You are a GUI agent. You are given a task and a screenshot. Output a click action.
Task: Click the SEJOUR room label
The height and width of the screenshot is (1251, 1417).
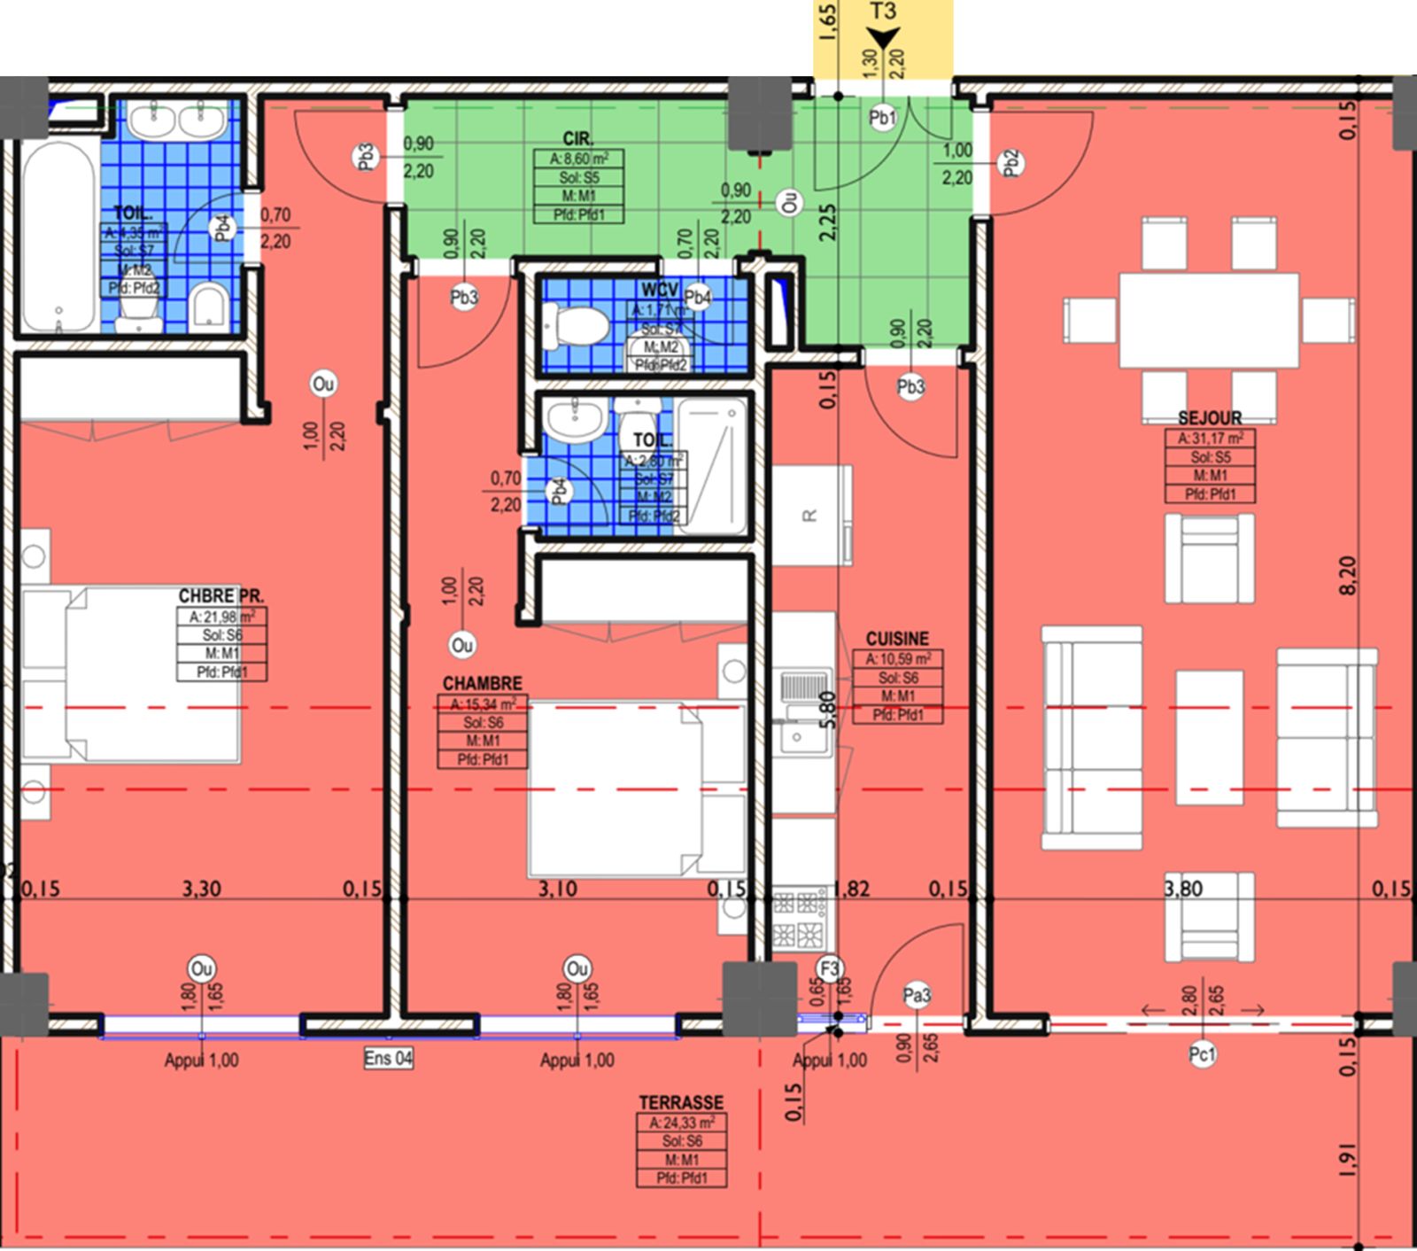(x=1210, y=418)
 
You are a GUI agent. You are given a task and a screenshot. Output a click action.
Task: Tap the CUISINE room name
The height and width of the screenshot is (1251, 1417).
(x=897, y=639)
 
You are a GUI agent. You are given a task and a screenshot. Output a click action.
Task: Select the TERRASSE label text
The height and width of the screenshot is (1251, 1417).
(x=681, y=1103)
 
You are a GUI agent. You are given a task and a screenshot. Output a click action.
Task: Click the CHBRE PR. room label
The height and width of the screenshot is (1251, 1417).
(x=221, y=596)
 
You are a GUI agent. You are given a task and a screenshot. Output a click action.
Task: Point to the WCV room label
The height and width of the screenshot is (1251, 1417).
(x=660, y=291)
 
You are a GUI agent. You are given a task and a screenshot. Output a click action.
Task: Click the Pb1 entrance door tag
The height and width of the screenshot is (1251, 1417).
(x=882, y=118)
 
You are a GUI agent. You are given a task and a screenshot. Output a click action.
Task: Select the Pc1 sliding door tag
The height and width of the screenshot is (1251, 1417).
(x=1202, y=1054)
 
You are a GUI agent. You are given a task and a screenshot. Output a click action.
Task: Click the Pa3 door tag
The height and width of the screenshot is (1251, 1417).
(x=917, y=996)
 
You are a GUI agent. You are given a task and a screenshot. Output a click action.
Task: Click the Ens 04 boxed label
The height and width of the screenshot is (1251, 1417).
(x=388, y=1058)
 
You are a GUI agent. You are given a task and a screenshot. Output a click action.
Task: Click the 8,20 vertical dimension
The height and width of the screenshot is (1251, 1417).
(x=1347, y=576)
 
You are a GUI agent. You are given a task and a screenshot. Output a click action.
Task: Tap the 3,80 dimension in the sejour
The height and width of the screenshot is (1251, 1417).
(x=1183, y=889)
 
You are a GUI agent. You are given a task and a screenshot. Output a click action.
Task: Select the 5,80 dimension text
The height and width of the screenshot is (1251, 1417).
(x=827, y=709)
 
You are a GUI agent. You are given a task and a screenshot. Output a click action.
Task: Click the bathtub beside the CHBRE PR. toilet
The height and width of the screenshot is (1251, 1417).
(x=58, y=237)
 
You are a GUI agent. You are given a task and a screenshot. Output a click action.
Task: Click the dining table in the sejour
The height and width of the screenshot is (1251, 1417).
(x=1209, y=319)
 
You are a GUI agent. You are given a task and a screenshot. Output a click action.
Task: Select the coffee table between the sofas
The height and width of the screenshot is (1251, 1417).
(x=1209, y=727)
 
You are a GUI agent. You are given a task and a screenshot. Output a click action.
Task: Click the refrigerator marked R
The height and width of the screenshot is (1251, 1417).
(x=810, y=515)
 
